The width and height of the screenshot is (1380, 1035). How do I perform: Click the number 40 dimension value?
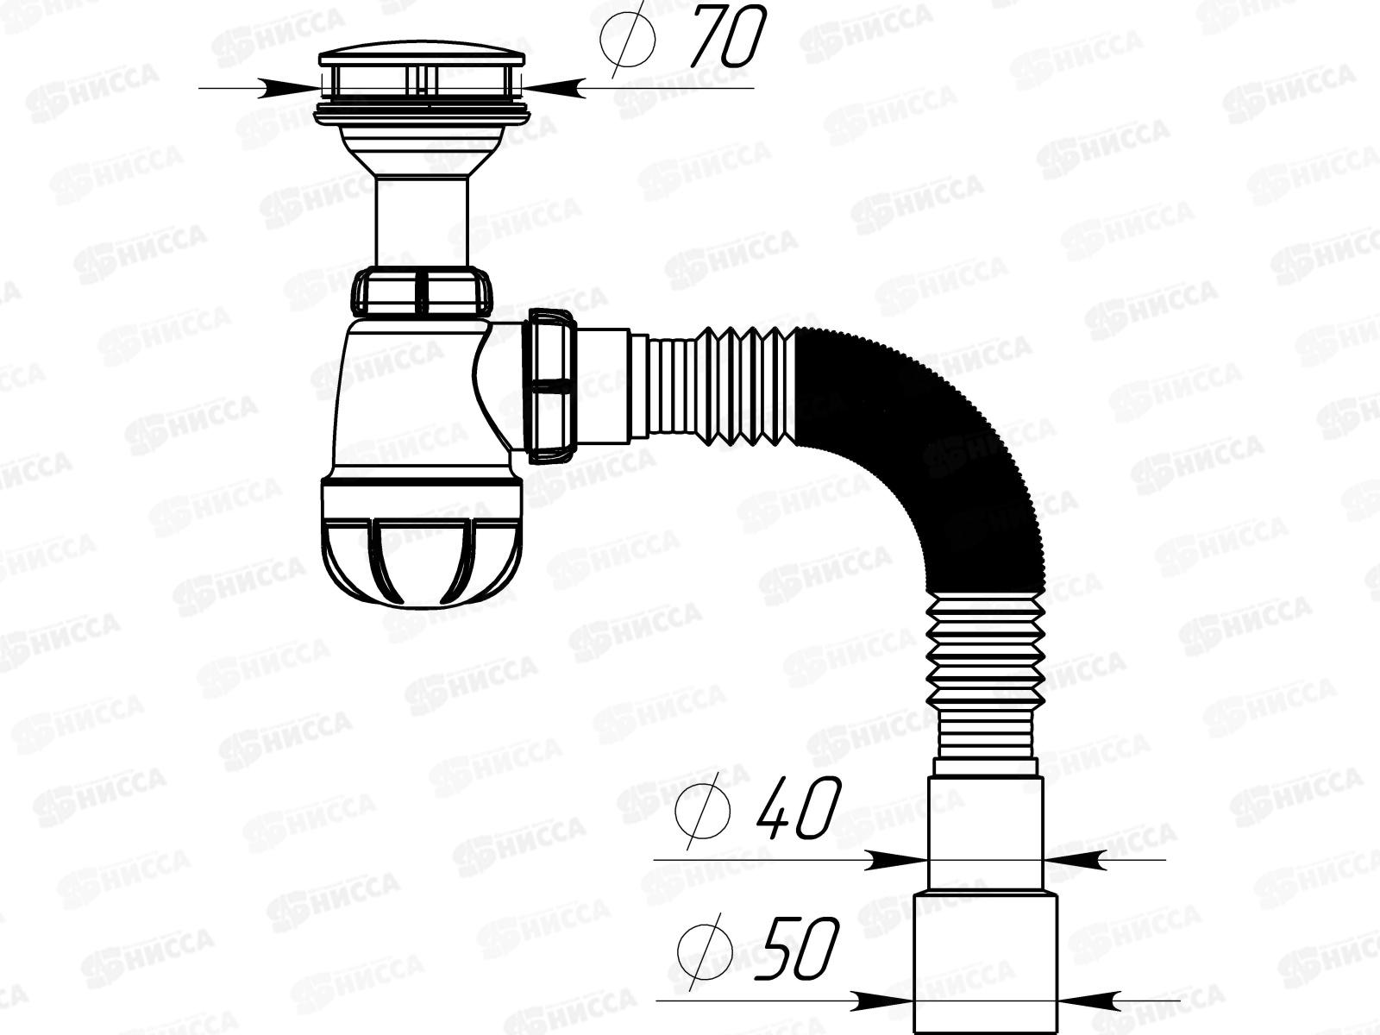[798, 809]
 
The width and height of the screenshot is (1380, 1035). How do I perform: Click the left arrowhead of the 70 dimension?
[293, 86]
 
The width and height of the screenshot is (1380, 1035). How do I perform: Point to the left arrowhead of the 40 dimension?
[897, 859]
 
